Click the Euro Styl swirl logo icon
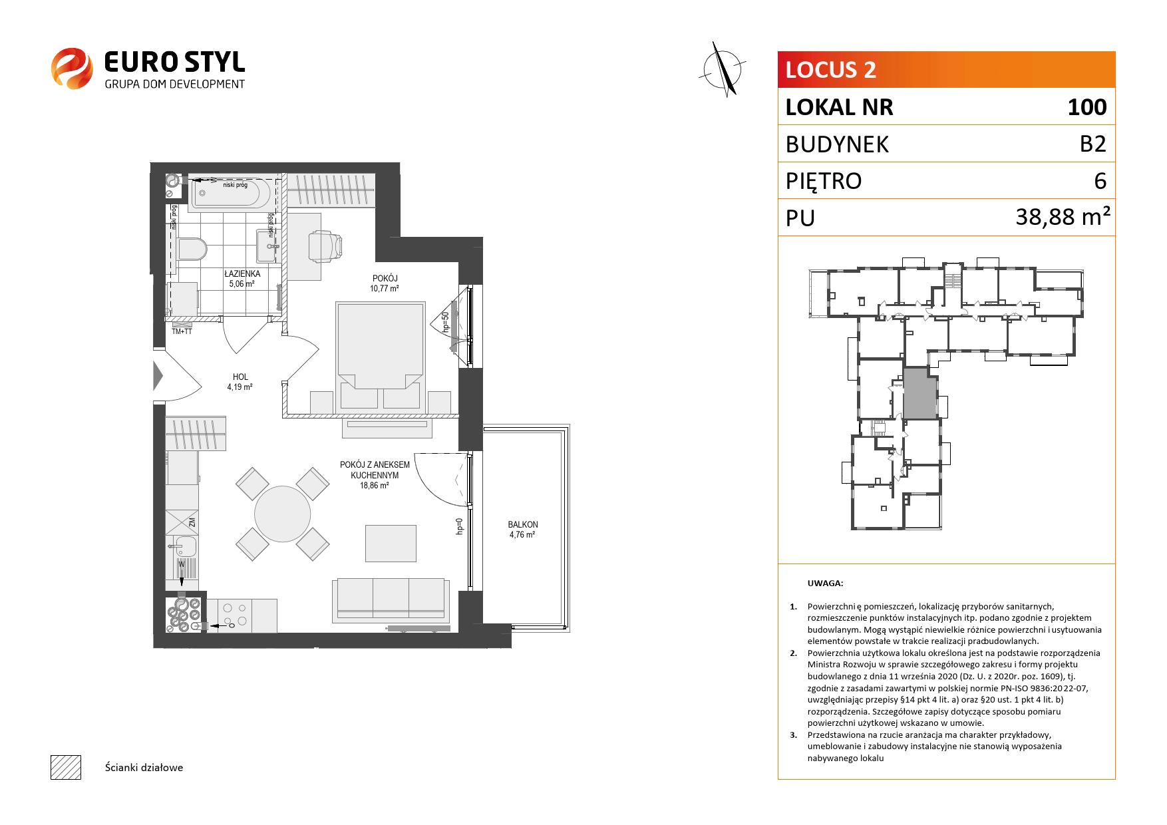72,67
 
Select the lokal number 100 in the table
1087,107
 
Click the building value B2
1092,144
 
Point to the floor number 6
1100,181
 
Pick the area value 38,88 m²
1063,217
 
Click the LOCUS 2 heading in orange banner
830,70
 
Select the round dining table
283,514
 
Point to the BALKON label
523,524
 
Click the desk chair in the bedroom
326,245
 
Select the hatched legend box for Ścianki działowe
66,767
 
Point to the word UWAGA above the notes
825,583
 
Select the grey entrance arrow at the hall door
158,376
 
